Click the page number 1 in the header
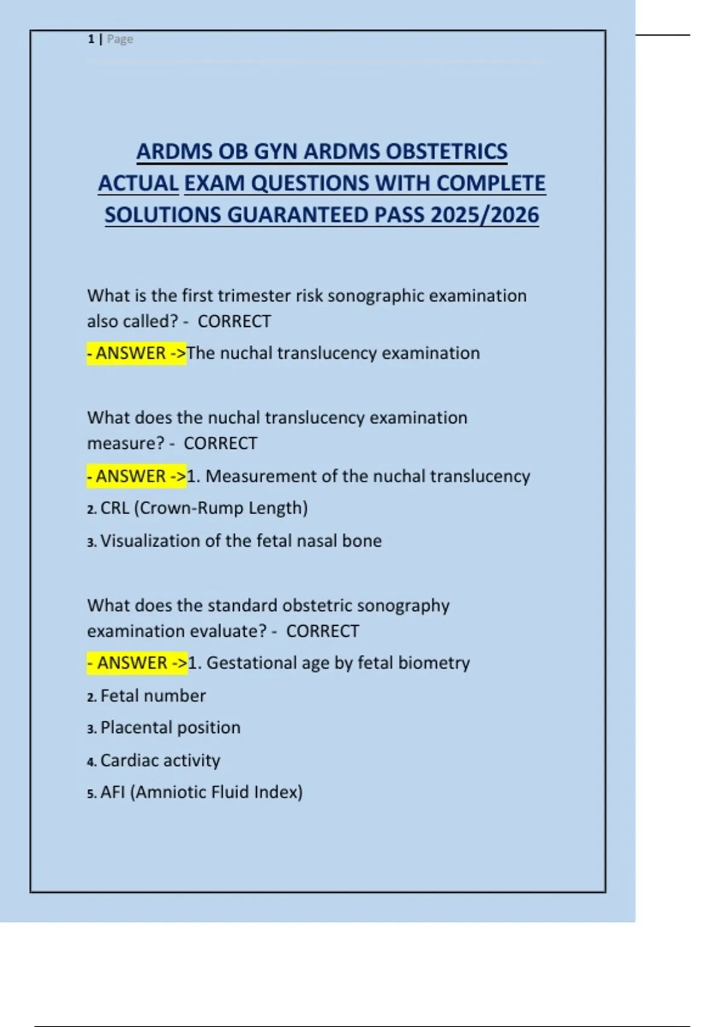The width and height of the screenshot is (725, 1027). pos(91,39)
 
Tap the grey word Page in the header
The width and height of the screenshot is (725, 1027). pos(120,39)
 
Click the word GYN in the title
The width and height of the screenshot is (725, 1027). pos(275,151)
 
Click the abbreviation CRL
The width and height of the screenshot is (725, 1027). pos(115,508)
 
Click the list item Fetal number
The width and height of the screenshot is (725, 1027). pos(153,696)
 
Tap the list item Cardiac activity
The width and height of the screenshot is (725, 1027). pos(160,760)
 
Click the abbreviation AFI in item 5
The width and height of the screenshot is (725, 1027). pos(112,792)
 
